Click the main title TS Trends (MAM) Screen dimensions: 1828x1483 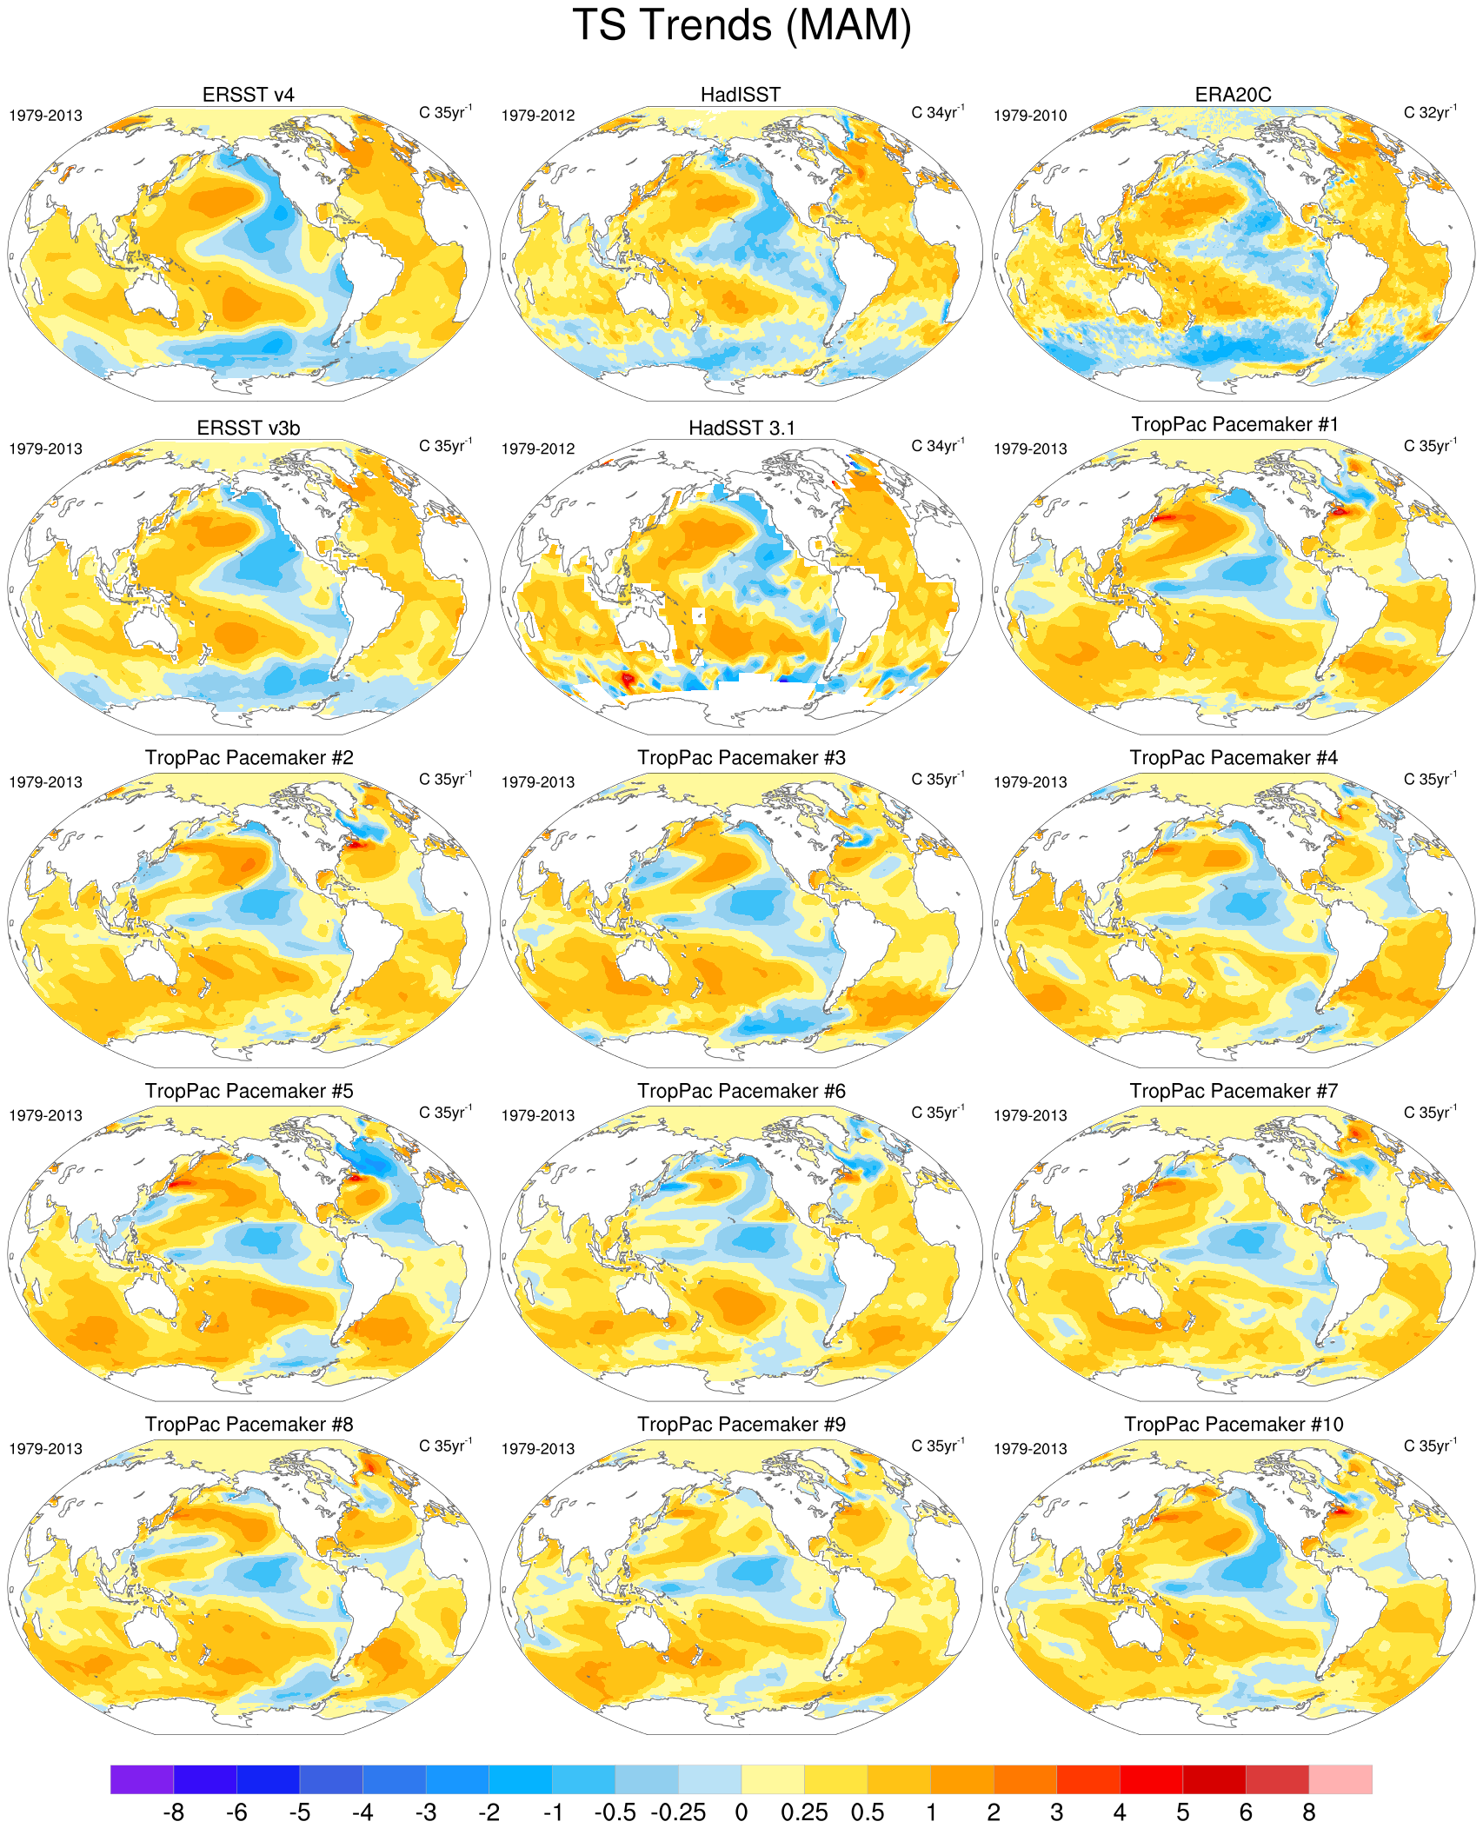coord(741,26)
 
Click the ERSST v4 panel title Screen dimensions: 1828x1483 coord(248,95)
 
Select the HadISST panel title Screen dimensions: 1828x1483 coord(741,95)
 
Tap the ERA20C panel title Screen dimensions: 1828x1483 coord(1233,95)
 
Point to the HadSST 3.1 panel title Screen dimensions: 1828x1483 coord(741,428)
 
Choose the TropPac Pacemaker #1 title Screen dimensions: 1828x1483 coord(1234,424)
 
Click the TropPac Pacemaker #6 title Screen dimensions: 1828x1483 coord(741,1091)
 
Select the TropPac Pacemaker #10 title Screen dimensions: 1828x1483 coord(1234,1424)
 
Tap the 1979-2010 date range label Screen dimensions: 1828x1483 coord(1030,116)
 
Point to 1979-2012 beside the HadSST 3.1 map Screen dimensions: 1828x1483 coord(538,449)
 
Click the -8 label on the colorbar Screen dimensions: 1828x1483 coord(174,1812)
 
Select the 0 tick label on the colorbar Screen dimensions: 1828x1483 coord(741,1812)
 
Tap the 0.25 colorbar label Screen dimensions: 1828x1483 coord(804,1812)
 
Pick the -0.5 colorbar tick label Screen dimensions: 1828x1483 coord(615,1812)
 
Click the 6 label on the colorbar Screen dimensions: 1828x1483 coord(1246,1812)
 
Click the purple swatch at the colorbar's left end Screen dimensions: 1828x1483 coord(142,1778)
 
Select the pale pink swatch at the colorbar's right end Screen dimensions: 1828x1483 coord(1340,1778)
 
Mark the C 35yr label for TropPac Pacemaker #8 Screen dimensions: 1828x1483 coord(445,1446)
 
